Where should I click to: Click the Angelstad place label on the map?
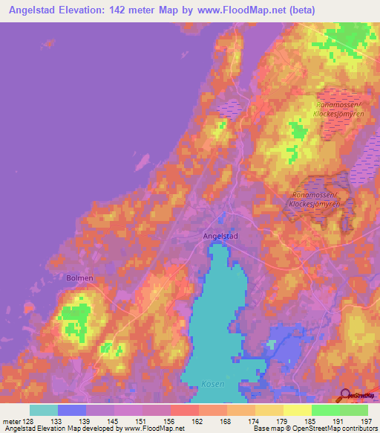[220, 235]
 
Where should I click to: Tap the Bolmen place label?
[78, 278]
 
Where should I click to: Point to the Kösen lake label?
[212, 384]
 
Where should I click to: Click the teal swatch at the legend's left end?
[44, 410]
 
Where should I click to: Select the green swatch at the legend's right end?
[354, 410]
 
